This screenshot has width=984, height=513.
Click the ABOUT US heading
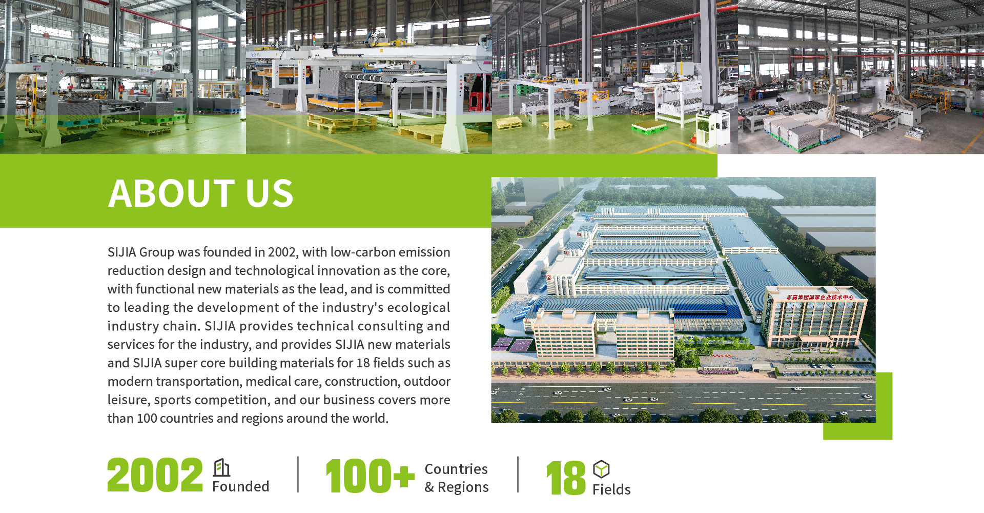coord(200,193)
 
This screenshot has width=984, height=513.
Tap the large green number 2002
coord(155,476)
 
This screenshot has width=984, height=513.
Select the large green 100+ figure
coord(370,476)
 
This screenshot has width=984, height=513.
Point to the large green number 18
coord(566,478)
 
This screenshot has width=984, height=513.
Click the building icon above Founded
coord(221,467)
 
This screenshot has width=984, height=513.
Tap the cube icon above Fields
coord(601,469)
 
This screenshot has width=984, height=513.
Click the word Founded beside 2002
coord(240,486)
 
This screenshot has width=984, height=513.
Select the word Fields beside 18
coord(611,489)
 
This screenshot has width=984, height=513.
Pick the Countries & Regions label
coord(457,478)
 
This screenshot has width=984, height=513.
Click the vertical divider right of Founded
coord(298,475)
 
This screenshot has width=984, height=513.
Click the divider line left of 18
coord(518,475)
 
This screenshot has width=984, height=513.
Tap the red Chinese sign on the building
coord(820,297)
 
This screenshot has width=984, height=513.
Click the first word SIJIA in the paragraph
coord(121,252)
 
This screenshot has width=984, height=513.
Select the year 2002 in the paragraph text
coord(282,252)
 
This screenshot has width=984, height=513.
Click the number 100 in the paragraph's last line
coord(147,419)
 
